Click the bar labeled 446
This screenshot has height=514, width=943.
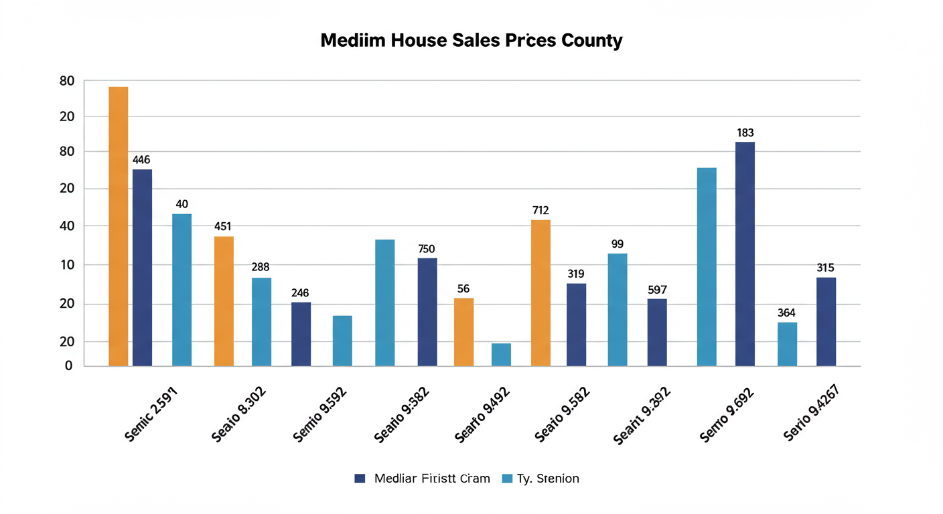pyautogui.click(x=142, y=268)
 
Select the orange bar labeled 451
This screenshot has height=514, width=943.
pyautogui.click(x=224, y=301)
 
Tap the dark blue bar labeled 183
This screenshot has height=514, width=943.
pyautogui.click(x=745, y=254)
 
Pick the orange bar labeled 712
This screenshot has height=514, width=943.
pyautogui.click(x=540, y=293)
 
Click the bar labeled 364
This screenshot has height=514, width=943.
pyautogui.click(x=787, y=344)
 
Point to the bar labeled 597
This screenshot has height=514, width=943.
pyautogui.click(x=657, y=333)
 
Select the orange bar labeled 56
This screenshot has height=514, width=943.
pyautogui.click(x=463, y=332)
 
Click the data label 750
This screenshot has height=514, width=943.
pyautogui.click(x=427, y=249)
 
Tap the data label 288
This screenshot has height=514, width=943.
pyautogui.click(x=261, y=267)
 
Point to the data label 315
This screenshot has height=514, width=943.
pyautogui.click(x=825, y=268)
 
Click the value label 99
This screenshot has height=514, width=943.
pyautogui.click(x=618, y=244)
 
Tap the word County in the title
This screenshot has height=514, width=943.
pyautogui.click(x=591, y=40)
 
